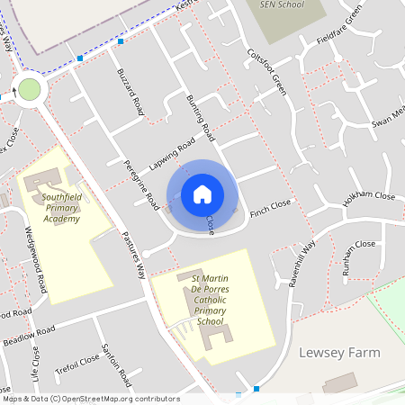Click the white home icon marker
click(x=202, y=193)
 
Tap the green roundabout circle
click(x=30, y=89)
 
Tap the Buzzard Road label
click(x=130, y=93)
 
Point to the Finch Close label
click(x=271, y=209)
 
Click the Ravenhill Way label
click(x=303, y=262)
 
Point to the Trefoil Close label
click(x=76, y=363)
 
